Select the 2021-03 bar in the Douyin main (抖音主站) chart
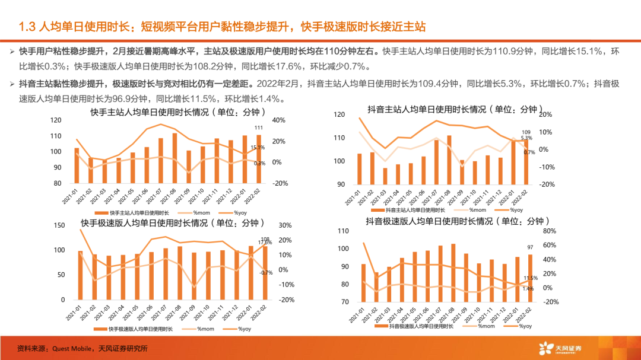385,176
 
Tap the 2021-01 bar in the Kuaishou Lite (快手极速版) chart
80,275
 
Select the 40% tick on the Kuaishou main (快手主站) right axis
278,120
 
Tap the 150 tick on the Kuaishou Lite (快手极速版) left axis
59,225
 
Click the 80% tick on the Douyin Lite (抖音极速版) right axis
550,231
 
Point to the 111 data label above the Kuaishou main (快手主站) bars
259,128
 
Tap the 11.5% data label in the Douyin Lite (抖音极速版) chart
531,278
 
